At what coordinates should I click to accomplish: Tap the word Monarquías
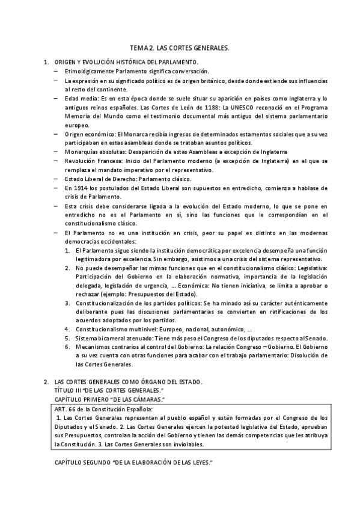(x=82, y=152)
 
